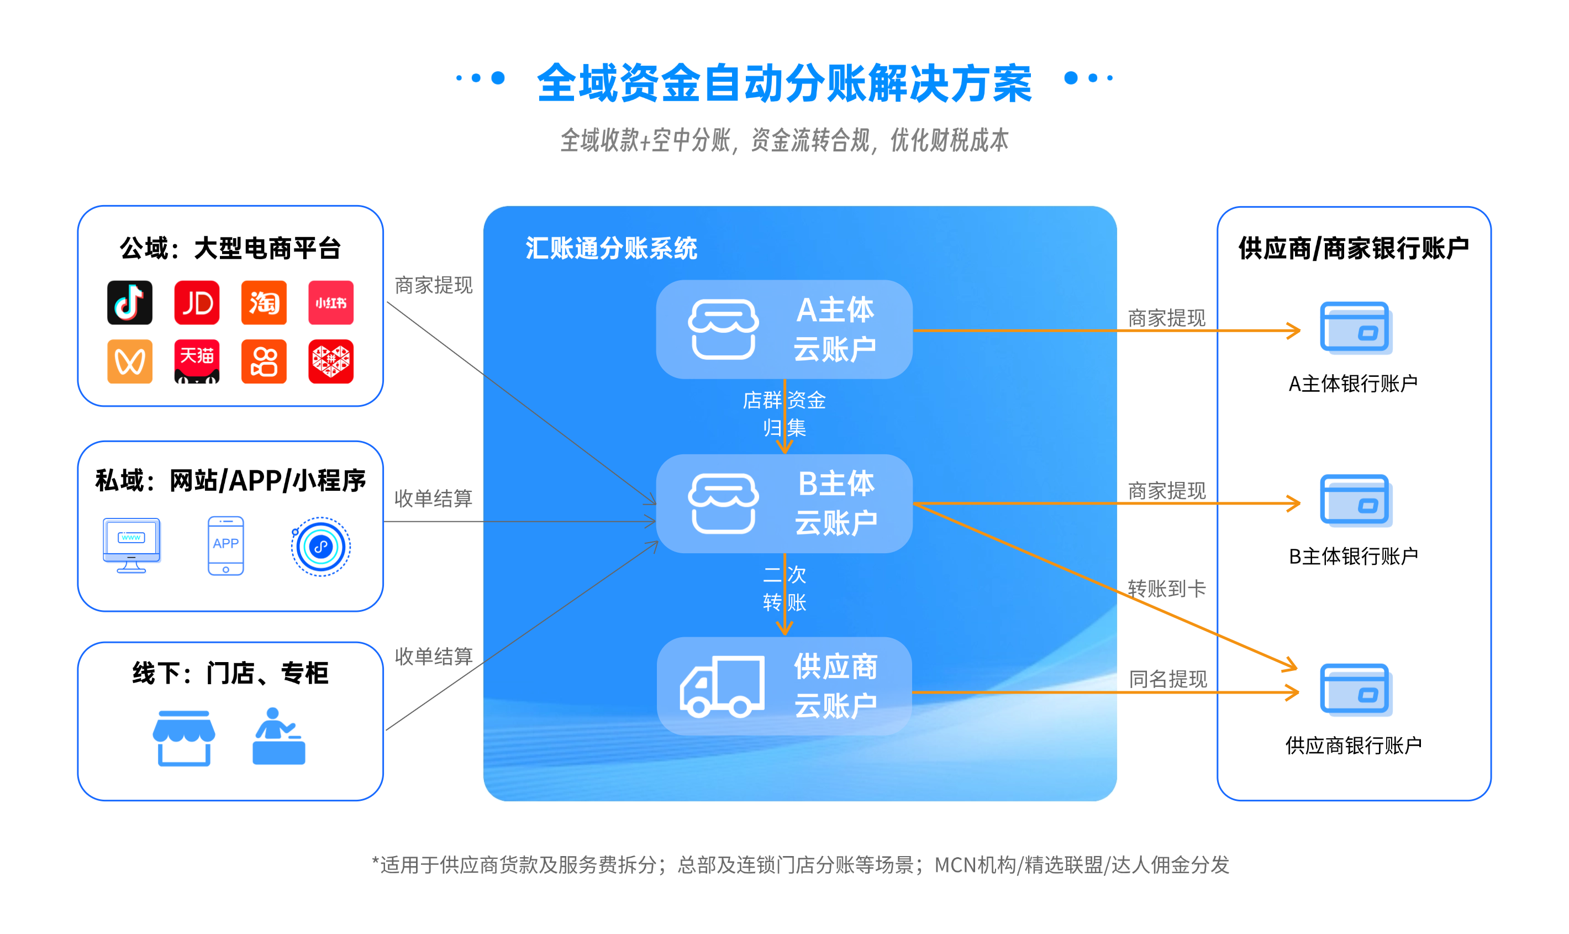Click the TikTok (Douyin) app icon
click(x=130, y=303)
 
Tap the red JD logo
click(x=197, y=303)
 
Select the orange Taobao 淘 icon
click(x=264, y=303)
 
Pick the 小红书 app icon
click(x=331, y=303)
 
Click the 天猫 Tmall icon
click(x=197, y=361)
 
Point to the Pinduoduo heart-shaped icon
click(x=331, y=361)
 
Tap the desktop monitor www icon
click(x=131, y=545)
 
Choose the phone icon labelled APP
click(x=226, y=545)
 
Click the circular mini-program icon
click(x=321, y=546)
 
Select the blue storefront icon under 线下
click(x=184, y=737)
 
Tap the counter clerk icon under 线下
click(x=278, y=736)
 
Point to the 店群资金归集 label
click(x=784, y=413)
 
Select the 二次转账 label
click(x=784, y=589)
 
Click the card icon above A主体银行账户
click(x=1355, y=328)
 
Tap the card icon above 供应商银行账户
click(x=1355, y=690)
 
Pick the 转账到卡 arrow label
click(x=1166, y=589)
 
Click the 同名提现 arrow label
click(x=1167, y=679)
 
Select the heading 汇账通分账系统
click(x=611, y=249)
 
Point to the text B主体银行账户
click(x=1353, y=557)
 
